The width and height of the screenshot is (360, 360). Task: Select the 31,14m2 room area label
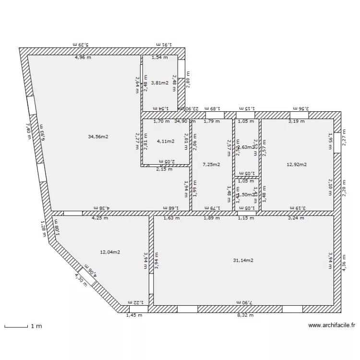[243, 260]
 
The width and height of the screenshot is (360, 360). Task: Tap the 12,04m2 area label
[110, 252]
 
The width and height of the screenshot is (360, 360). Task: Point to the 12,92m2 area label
[297, 164]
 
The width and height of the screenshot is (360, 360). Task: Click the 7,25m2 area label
[211, 164]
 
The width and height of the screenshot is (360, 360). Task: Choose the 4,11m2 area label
[165, 141]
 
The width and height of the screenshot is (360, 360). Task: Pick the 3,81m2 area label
[160, 83]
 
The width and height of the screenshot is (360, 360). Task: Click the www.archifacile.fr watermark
[331, 325]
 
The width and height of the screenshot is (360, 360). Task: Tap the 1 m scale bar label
[36, 326]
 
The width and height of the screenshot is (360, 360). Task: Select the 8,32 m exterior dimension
[245, 315]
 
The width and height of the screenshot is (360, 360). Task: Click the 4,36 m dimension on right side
[344, 263]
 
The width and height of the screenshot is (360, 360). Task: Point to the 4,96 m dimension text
[83, 58]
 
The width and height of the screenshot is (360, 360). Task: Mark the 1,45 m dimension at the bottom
[134, 315]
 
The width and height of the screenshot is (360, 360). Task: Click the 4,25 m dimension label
[100, 218]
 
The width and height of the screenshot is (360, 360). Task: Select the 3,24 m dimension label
[296, 218]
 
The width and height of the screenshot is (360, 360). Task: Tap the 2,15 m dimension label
[164, 169]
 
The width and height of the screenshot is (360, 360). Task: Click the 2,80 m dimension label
[188, 80]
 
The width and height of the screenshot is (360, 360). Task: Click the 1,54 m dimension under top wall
[160, 58]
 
